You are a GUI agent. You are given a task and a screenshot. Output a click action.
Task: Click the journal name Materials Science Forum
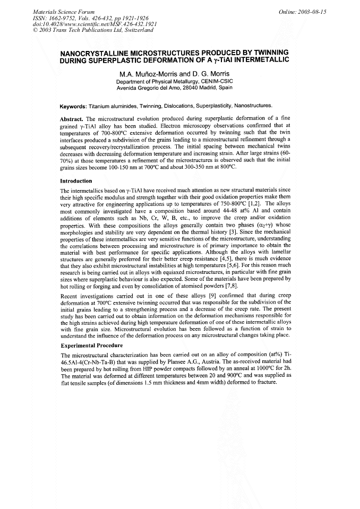[x=64, y=11]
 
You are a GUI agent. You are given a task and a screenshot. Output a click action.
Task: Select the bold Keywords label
[x=73, y=106]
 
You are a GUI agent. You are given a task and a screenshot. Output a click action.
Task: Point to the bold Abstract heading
[x=73, y=119]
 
